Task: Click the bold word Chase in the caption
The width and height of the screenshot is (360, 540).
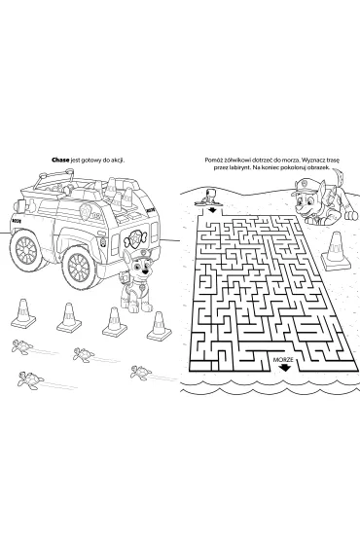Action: click(x=60, y=161)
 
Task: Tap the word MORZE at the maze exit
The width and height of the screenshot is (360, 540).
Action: click(x=283, y=360)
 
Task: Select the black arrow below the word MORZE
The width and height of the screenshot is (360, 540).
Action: click(x=285, y=368)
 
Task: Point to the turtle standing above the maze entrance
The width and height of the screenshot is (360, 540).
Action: click(x=209, y=198)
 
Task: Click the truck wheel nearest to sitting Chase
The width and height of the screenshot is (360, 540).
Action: click(x=80, y=267)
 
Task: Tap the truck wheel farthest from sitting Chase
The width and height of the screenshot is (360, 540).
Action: click(x=25, y=248)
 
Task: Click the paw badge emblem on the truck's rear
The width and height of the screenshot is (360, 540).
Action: click(x=133, y=237)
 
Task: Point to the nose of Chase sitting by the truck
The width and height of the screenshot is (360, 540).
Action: click(x=147, y=271)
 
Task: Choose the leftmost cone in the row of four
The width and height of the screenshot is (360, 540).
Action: click(x=23, y=313)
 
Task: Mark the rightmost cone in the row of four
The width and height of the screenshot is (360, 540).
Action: click(x=159, y=326)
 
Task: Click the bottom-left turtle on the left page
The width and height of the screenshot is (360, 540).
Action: click(x=31, y=379)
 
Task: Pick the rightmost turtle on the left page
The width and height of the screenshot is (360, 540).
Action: click(x=140, y=373)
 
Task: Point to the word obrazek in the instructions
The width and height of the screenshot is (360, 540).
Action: click(x=319, y=167)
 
